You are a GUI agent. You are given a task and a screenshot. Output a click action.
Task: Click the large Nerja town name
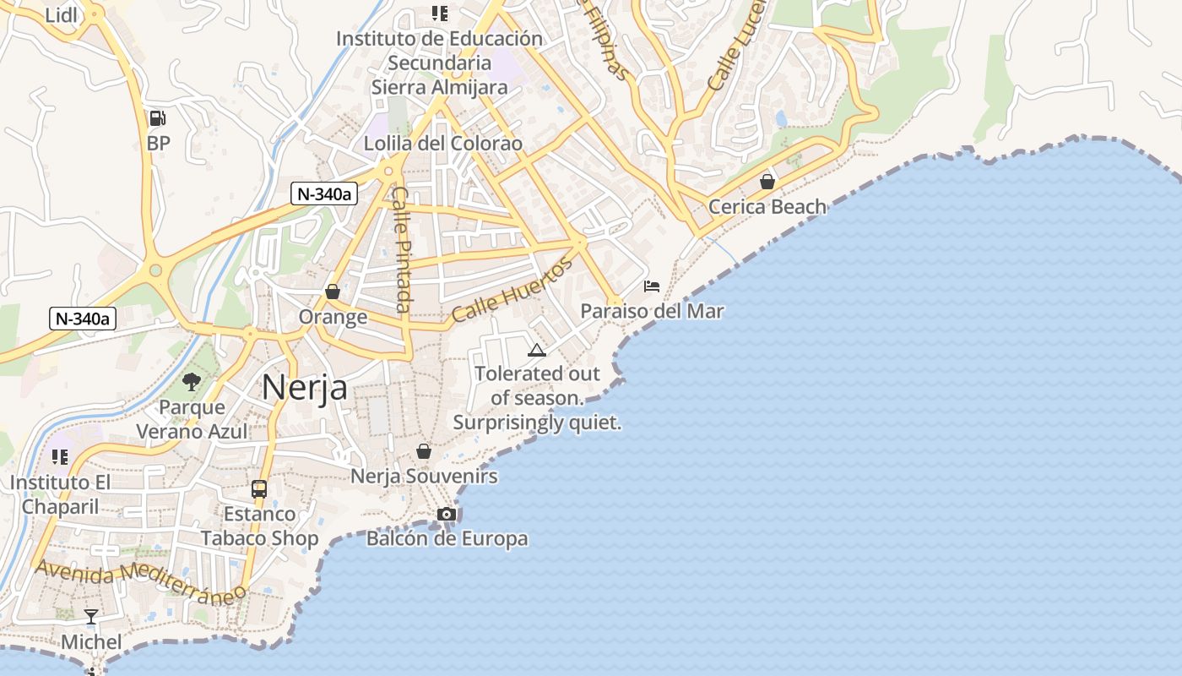tap(304, 388)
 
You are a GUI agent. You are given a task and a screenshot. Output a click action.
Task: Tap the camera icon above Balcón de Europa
tap(447, 514)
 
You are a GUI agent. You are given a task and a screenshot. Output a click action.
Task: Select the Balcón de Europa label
tap(447, 538)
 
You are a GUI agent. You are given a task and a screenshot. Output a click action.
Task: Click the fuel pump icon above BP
tap(158, 118)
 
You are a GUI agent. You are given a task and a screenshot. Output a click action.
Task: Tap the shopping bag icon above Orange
tap(333, 292)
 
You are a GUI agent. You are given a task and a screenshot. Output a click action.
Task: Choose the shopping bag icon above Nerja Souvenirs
tap(424, 451)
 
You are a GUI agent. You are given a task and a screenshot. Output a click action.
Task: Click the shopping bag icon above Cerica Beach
tap(767, 182)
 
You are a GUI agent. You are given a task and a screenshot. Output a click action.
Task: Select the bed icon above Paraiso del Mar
tap(652, 286)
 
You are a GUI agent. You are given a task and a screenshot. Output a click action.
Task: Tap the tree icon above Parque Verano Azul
tap(192, 382)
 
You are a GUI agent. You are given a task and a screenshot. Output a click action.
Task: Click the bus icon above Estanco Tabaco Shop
tap(259, 488)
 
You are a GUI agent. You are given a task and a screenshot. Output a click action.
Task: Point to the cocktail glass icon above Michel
tap(91, 617)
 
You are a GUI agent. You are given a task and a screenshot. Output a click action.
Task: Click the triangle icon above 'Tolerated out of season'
tap(537, 350)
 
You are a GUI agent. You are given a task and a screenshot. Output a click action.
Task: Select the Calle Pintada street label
tap(402, 249)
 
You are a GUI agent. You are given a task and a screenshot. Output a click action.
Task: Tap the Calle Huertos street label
tap(512, 290)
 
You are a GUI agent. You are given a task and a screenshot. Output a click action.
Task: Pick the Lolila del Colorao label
tap(443, 144)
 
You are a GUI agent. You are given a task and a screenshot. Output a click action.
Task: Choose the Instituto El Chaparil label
tap(60, 494)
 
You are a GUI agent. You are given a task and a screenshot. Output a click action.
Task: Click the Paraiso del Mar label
tap(652, 311)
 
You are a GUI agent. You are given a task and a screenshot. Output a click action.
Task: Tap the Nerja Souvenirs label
tap(424, 476)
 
